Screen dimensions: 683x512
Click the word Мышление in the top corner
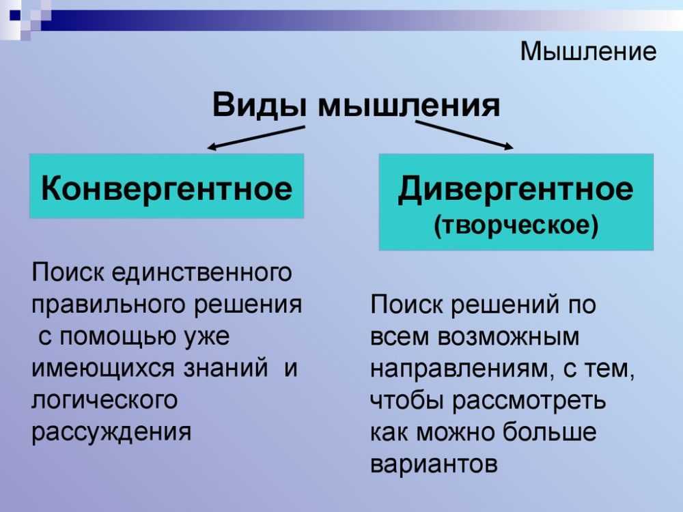(x=588, y=51)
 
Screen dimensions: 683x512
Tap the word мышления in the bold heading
(x=409, y=106)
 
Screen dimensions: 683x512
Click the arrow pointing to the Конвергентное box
(x=255, y=138)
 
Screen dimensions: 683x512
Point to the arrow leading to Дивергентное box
(x=464, y=135)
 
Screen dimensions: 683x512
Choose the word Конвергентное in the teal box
(x=167, y=188)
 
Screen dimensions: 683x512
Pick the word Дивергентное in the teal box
(x=516, y=189)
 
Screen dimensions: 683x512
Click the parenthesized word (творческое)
(x=516, y=225)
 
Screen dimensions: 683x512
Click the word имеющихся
(x=103, y=369)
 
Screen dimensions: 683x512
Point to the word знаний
(x=225, y=369)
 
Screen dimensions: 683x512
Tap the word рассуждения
(x=111, y=433)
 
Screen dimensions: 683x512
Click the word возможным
(x=509, y=337)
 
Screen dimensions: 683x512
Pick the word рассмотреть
(x=529, y=401)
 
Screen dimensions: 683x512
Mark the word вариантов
(x=434, y=464)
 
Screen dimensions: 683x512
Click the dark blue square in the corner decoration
(x=15, y=16)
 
